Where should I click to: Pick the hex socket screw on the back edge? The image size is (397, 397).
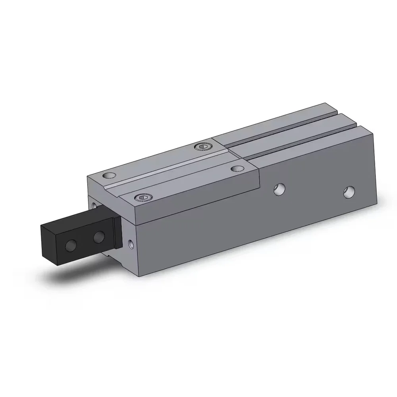pyautogui.click(x=202, y=148)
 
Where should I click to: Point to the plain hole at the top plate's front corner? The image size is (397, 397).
pyautogui.click(x=108, y=175)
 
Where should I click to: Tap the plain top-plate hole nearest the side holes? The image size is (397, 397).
pyautogui.click(x=237, y=169)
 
